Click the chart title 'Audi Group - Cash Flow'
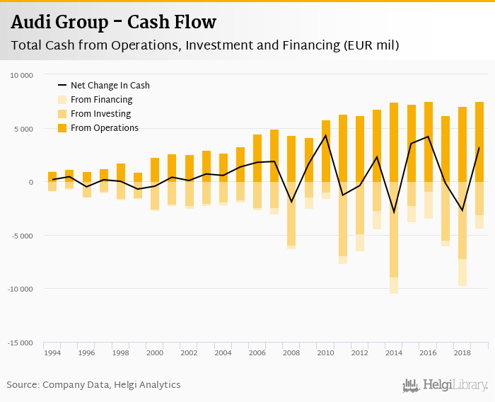tap(114, 22)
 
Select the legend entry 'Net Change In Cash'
tap(110, 86)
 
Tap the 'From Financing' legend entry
tap(101, 100)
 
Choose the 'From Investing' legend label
tap(101, 114)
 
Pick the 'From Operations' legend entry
tap(104, 128)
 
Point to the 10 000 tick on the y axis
tap(21, 75)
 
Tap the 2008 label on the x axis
tap(291, 352)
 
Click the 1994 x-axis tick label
tap(52, 352)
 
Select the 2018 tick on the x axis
tap(462, 352)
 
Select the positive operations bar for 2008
tap(291, 159)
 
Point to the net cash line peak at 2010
tap(325, 135)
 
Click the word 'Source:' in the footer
tap(23, 385)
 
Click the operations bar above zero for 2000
tap(155, 170)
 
